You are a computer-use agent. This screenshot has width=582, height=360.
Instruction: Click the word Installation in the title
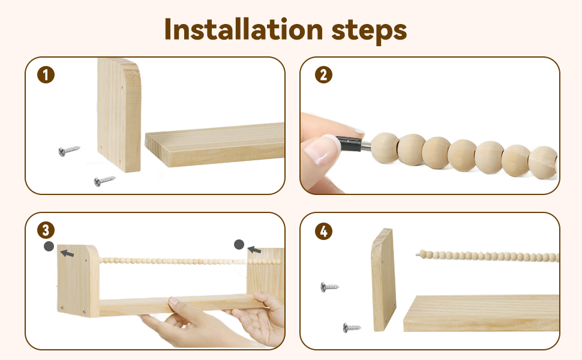(244, 29)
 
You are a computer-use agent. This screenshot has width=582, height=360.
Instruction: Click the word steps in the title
(369, 31)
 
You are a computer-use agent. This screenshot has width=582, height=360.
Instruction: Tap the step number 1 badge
(46, 74)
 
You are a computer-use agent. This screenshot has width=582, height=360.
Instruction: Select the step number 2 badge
(323, 74)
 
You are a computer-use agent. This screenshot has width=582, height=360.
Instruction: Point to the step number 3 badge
(46, 230)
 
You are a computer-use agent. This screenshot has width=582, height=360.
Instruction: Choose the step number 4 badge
(323, 231)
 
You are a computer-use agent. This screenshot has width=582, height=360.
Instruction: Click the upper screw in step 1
(69, 151)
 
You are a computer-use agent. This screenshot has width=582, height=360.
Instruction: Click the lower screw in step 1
(104, 181)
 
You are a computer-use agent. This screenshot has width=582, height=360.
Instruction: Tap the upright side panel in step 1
(119, 115)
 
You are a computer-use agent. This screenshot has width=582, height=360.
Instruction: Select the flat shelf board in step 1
(215, 145)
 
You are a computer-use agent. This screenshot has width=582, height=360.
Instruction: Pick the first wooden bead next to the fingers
(385, 148)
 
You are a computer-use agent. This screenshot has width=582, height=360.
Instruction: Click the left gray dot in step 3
(49, 246)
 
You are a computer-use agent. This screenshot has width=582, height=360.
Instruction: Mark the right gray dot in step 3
(239, 245)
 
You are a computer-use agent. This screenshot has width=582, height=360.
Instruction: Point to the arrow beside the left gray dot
(67, 253)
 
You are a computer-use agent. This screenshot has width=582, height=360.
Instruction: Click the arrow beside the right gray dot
(254, 250)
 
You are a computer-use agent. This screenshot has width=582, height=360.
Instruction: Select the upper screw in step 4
(329, 287)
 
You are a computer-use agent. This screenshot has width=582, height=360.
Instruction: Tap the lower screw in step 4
(352, 328)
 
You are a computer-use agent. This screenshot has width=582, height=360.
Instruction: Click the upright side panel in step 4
(383, 280)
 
